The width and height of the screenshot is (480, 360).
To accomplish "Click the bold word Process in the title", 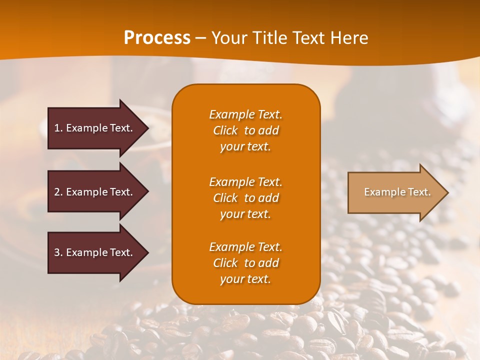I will coord(156,38).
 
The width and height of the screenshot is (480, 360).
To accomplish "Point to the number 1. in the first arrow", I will coord(58,128).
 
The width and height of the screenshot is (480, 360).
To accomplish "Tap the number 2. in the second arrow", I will coord(58,192).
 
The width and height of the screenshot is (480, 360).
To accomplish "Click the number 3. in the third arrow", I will coord(58,253).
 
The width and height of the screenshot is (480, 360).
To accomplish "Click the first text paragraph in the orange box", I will coord(245,130).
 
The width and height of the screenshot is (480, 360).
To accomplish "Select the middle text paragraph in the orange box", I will coord(245,198).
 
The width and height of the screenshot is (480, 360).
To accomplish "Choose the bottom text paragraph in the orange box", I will coord(245,263).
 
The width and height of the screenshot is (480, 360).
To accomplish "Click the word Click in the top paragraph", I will coord(225,131).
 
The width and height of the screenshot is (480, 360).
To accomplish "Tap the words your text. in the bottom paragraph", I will coord(245,279).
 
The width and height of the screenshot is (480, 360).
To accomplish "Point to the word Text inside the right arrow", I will coord(419,192).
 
